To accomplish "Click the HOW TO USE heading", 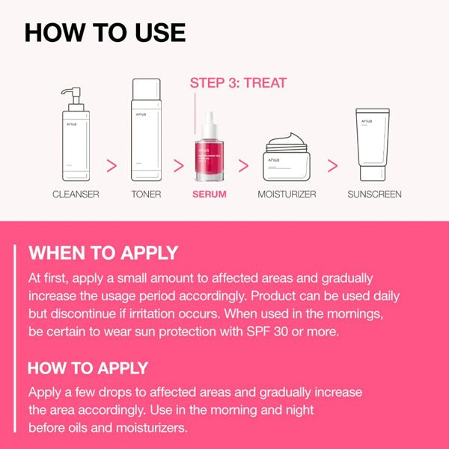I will click(105, 32).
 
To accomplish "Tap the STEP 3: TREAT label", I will click(238, 82).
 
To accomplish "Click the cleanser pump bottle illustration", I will click(76, 138).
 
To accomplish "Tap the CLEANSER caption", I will click(76, 195).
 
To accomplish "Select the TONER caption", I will click(146, 195).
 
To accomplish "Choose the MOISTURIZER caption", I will click(287, 195).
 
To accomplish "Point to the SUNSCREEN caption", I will click(374, 195).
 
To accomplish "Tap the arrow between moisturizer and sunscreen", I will click(332, 164).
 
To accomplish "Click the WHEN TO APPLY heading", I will click(103, 251).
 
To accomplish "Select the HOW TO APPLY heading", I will click(88, 368).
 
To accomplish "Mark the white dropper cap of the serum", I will click(210, 119).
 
